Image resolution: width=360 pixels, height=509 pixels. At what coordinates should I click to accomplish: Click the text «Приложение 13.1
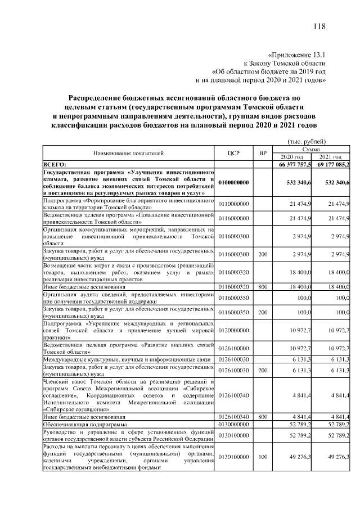(x=297, y=55)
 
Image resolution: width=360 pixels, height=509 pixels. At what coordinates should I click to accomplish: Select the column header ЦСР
(x=234, y=152)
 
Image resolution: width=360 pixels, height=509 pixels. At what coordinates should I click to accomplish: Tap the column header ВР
(x=262, y=152)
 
